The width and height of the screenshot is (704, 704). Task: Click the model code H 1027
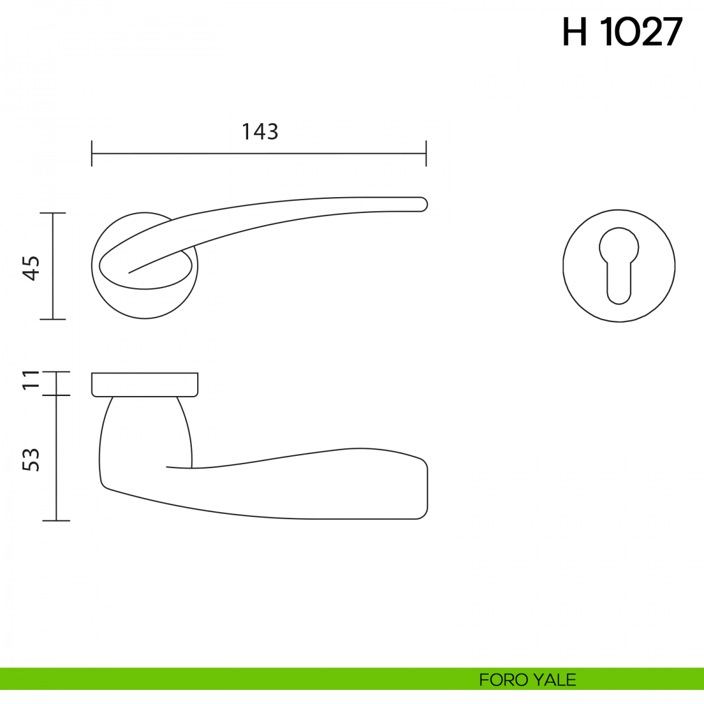click(x=622, y=32)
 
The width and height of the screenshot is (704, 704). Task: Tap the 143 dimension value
click(x=260, y=132)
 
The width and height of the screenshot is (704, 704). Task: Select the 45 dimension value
click(x=32, y=268)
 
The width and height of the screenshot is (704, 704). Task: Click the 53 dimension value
click(x=31, y=459)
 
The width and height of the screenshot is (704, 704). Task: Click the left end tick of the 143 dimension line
click(x=92, y=154)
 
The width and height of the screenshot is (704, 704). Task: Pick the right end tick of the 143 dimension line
click(x=426, y=154)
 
